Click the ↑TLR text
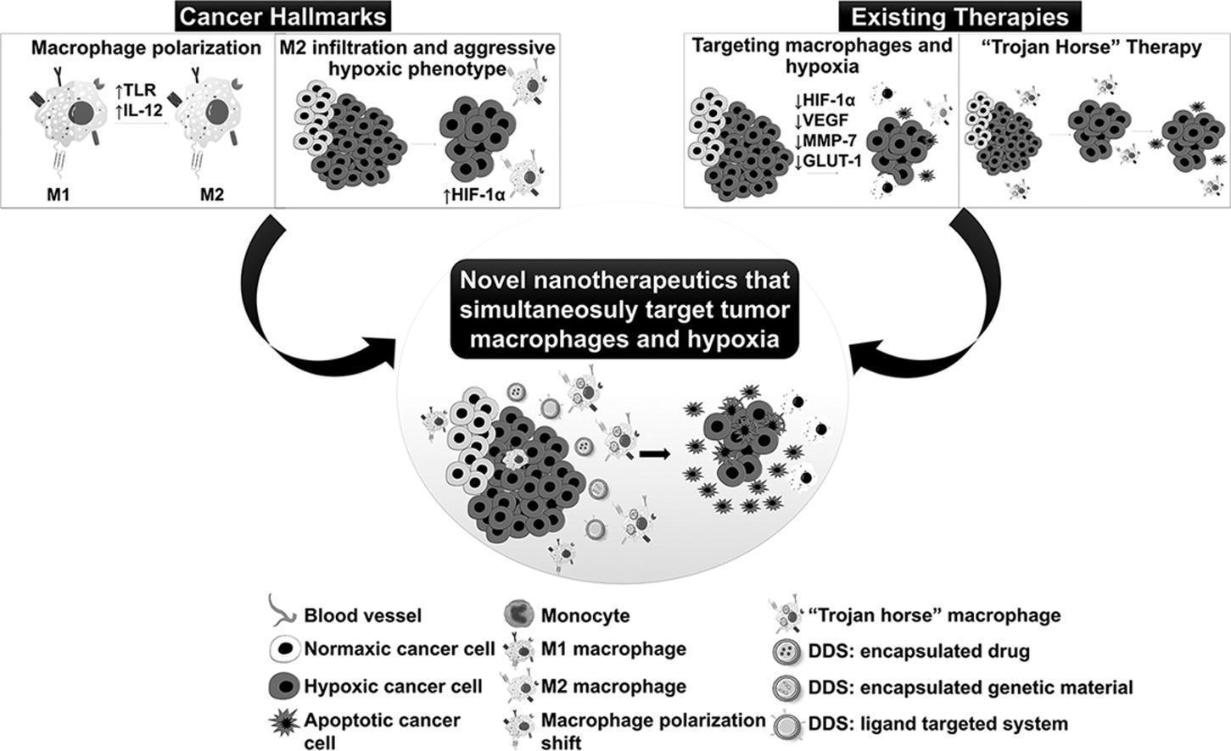(136, 90)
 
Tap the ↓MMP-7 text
(826, 139)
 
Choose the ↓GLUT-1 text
(830, 158)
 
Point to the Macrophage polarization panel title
(146, 48)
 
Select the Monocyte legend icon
(518, 614)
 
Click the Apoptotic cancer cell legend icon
(281, 722)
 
